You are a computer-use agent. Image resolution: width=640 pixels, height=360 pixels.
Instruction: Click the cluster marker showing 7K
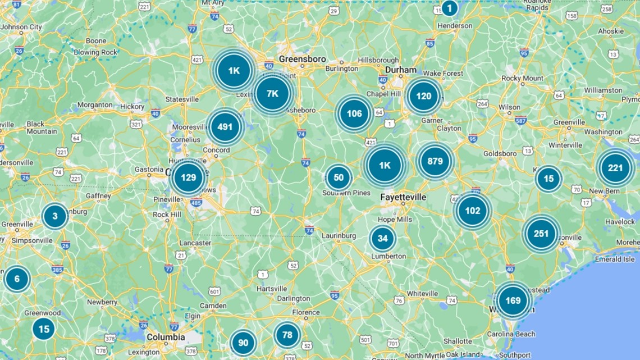(272, 93)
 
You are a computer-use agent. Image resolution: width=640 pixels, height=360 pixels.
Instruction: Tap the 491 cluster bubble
(225, 127)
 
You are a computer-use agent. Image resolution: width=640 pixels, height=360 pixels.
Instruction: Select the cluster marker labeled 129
(188, 177)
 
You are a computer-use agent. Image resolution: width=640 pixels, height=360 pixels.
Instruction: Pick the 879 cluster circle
(435, 161)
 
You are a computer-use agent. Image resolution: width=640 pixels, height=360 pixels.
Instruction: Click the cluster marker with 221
(615, 168)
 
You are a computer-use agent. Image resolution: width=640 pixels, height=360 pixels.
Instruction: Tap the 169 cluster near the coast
(513, 300)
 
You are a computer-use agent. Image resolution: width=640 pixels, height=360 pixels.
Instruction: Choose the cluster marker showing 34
(382, 238)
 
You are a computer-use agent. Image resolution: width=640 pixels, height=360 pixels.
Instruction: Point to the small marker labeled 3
(55, 216)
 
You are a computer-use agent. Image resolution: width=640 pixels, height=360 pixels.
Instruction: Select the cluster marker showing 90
(243, 343)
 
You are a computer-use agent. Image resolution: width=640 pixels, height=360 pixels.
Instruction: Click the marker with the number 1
(449, 8)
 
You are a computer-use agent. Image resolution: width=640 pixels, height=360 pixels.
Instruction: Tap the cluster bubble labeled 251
(541, 234)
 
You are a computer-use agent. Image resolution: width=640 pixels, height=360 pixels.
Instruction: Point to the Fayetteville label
(403, 198)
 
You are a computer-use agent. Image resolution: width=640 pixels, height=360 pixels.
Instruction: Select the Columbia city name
(166, 337)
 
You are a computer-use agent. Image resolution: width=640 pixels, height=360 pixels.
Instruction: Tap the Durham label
(401, 70)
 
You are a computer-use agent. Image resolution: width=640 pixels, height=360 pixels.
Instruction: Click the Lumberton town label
(388, 256)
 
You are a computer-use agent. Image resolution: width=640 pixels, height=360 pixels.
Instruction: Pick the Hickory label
(132, 106)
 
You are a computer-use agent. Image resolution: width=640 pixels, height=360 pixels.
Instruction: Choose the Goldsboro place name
(500, 153)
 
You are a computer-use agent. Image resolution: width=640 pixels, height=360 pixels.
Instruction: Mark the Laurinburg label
(339, 236)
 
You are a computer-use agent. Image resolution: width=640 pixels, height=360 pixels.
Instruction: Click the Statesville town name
(182, 99)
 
